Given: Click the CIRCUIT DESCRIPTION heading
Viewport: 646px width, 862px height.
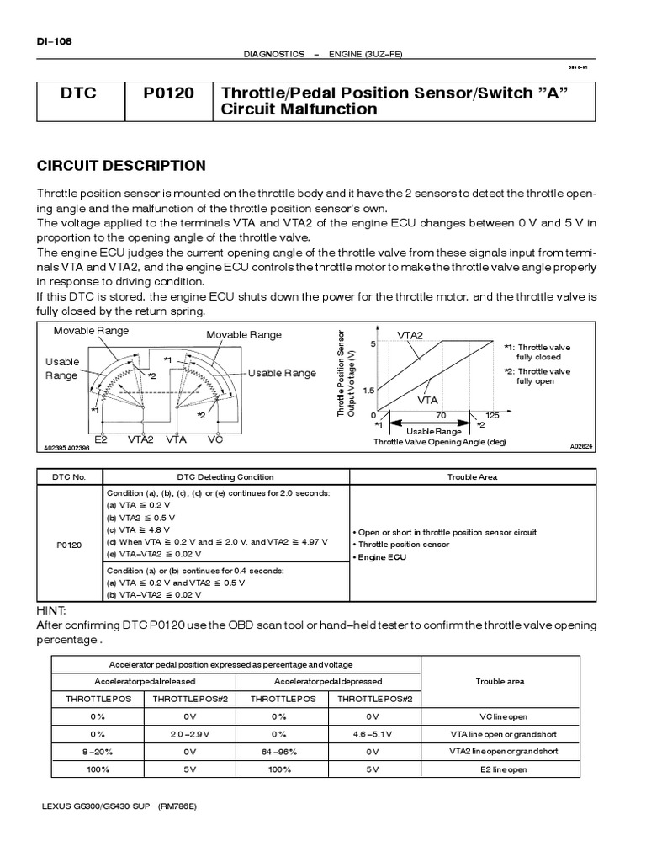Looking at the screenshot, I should coord(121,165).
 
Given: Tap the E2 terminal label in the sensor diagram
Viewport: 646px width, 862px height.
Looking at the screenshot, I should coord(101,439).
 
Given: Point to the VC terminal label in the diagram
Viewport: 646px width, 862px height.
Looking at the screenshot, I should coord(215,439).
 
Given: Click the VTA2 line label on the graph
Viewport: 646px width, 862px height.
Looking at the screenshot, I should coord(410,335).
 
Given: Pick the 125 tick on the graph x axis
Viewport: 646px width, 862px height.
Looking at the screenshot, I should coord(492,415).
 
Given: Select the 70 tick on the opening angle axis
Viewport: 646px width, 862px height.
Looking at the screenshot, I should coord(441,415).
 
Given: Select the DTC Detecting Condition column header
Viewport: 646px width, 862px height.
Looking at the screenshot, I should coord(224,476).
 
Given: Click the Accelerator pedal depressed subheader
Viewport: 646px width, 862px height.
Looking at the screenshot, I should coord(328,680).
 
